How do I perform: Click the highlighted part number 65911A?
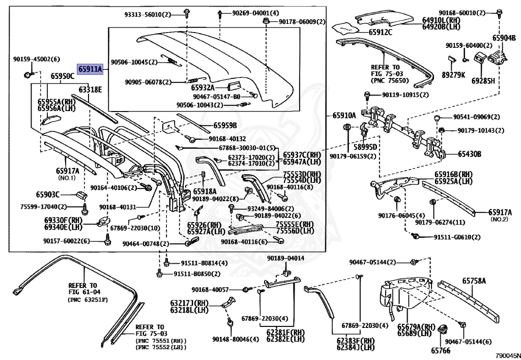pos(90,69)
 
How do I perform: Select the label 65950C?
pos(62,76)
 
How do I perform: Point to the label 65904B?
pos(503,38)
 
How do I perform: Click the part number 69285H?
pos(483,80)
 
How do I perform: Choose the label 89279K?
pos(454,74)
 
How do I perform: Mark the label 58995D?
pos(366,147)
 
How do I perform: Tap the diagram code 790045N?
pos(508,356)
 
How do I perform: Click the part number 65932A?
pos(202,88)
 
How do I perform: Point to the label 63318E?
pos(90,90)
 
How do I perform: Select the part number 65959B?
pos(224,125)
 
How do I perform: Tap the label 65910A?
pos(344,116)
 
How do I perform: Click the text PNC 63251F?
pos(88,300)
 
